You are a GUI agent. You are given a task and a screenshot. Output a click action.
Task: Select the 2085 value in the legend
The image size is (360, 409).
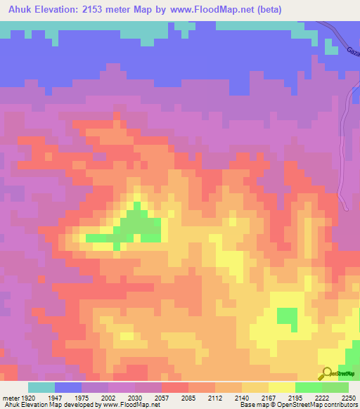pyautogui.click(x=188, y=397)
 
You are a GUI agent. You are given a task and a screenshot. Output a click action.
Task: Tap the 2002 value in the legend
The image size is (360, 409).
pyautogui.click(x=107, y=397)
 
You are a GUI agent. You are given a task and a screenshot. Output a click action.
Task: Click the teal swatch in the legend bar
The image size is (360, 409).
pyautogui.click(x=41, y=387)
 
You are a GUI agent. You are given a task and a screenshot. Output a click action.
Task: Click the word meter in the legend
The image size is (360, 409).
pyautogui.click(x=8, y=397)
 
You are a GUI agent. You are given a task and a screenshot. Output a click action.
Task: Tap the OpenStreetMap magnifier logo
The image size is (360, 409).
pyautogui.click(x=326, y=373)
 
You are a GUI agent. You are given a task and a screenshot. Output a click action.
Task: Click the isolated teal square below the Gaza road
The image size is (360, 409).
pyautogui.click(x=331, y=46)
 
